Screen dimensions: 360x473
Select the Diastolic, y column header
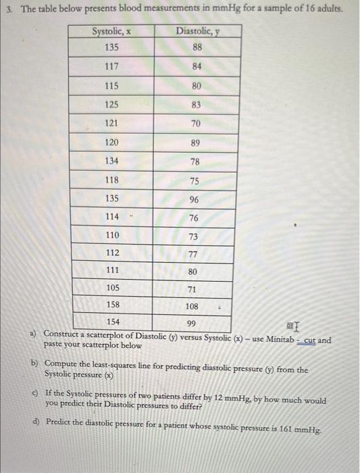coord(197,31)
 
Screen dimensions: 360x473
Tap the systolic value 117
coord(112,67)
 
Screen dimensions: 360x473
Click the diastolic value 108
coord(192,306)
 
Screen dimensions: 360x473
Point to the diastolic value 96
coord(195,200)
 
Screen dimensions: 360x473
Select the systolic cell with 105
coord(113,288)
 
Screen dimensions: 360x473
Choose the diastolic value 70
coord(196,124)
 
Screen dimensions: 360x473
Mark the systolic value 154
coord(113,322)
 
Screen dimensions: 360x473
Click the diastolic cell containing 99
coord(192,323)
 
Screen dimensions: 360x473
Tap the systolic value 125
coord(112,105)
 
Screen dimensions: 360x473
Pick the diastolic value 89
coord(195,143)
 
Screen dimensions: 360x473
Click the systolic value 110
coord(112,235)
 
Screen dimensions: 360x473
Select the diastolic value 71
coord(192,289)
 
